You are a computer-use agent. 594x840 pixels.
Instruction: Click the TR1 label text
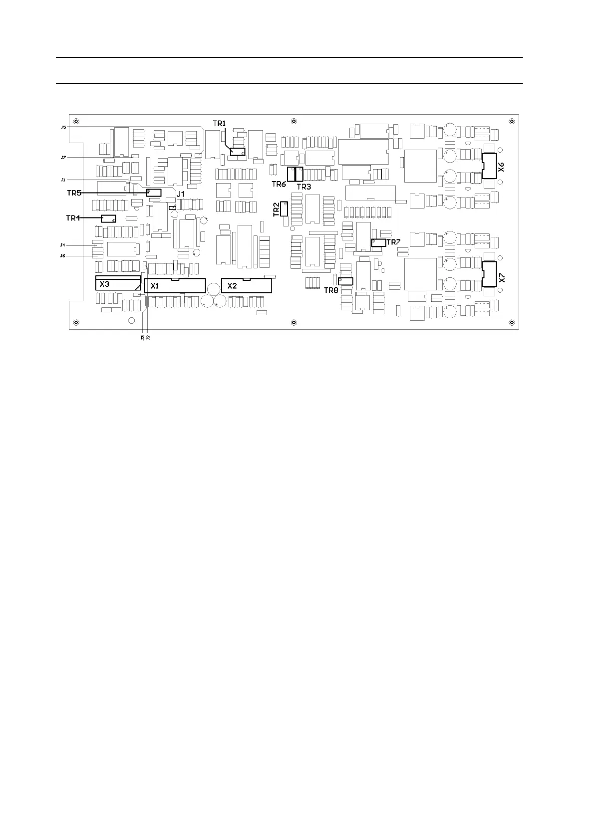(x=220, y=123)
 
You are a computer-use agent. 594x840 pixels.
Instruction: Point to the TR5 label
(x=74, y=193)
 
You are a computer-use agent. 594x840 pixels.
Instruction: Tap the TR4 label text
(x=73, y=218)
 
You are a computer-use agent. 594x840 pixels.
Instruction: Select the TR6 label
(x=279, y=184)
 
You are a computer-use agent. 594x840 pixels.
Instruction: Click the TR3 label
(x=303, y=187)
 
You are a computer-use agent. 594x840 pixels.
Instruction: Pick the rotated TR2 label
(x=276, y=210)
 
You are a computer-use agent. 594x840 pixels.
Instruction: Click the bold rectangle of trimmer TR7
(x=378, y=243)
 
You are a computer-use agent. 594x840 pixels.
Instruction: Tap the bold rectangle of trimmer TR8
(x=345, y=281)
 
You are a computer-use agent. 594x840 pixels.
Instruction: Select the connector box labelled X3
(x=118, y=283)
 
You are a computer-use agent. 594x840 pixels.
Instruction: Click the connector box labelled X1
(x=175, y=286)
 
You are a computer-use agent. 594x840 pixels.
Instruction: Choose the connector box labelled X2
(x=247, y=285)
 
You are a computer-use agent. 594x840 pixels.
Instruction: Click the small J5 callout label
(x=63, y=128)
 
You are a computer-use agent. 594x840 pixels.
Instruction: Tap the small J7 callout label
(x=63, y=157)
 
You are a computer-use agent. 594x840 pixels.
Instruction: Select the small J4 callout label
(x=63, y=245)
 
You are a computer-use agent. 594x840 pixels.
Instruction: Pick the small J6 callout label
(x=63, y=256)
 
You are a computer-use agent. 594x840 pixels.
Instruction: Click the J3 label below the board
(x=143, y=338)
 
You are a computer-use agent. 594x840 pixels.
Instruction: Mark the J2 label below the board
(x=148, y=338)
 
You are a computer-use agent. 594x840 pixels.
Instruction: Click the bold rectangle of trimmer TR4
(x=108, y=218)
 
